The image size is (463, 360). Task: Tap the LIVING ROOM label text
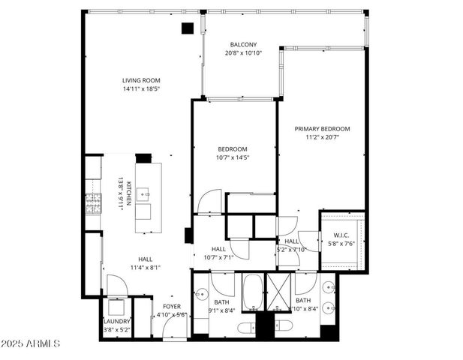[141, 80]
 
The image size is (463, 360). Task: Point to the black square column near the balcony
[188, 28]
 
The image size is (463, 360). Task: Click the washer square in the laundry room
[116, 307]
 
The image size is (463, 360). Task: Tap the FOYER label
[172, 306]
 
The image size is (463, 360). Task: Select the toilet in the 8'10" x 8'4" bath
[284, 325]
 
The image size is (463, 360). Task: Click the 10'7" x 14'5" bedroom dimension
[232, 157]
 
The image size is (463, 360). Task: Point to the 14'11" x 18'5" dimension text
[141, 89]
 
